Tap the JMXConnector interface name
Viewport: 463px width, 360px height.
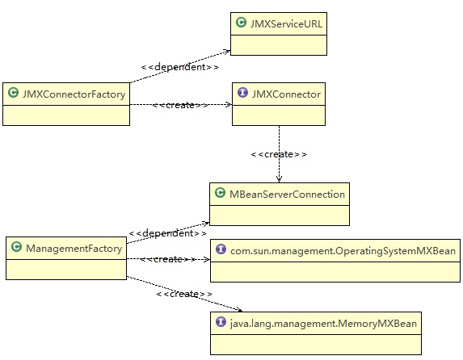coord(285,94)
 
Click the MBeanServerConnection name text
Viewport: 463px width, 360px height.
coord(286,194)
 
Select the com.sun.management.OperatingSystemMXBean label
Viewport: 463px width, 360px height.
coord(343,252)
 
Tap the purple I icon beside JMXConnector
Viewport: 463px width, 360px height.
coord(241,94)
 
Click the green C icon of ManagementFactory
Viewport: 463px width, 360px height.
coord(17,249)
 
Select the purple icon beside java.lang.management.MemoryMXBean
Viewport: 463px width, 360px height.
coord(220,323)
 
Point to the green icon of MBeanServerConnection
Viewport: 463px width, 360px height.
coord(220,194)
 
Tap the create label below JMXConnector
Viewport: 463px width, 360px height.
coord(279,153)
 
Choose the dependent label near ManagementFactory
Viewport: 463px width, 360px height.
coord(166,233)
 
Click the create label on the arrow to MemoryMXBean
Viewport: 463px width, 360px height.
coord(183,294)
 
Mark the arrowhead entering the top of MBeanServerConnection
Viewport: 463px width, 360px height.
coord(279,179)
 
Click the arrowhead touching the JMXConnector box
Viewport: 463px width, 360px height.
coord(229,104)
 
